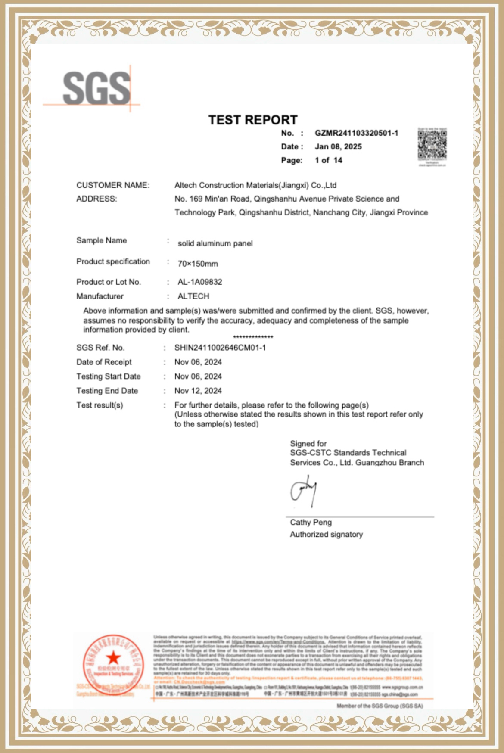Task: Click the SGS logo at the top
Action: point(96,88)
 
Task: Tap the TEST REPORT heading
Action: point(253,120)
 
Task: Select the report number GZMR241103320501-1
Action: point(356,133)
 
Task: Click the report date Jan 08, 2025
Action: point(338,147)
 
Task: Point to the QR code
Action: point(432,145)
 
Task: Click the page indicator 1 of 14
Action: point(328,160)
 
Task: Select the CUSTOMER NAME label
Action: point(113,185)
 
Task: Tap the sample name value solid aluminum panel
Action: point(215,243)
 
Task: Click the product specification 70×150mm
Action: point(198,264)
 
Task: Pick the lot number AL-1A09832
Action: point(200,282)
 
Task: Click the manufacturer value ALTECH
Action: point(193,296)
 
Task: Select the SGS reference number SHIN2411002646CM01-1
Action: point(220,348)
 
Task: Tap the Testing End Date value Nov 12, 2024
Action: point(198,391)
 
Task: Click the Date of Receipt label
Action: point(104,362)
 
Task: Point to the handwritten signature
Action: point(304,491)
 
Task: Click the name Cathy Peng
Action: point(311,523)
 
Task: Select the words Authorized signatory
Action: point(326,535)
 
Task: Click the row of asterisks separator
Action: point(253,337)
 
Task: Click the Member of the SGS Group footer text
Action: point(380,706)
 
